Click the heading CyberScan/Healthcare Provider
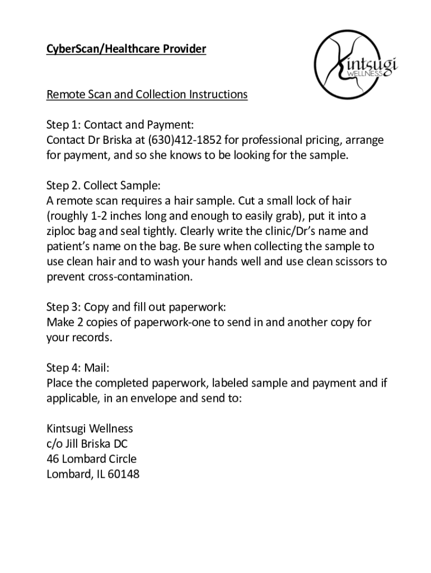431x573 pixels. (126, 49)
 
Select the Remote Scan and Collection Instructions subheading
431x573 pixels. (147, 94)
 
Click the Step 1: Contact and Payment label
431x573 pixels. (120, 124)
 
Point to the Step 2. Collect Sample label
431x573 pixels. (104, 185)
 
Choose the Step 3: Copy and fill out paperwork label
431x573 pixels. (136, 307)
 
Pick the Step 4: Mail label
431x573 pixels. (78, 368)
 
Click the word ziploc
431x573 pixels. (63, 231)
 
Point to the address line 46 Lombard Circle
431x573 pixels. (91, 459)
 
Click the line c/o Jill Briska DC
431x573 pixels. (90, 444)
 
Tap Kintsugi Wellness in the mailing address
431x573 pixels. (90, 429)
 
